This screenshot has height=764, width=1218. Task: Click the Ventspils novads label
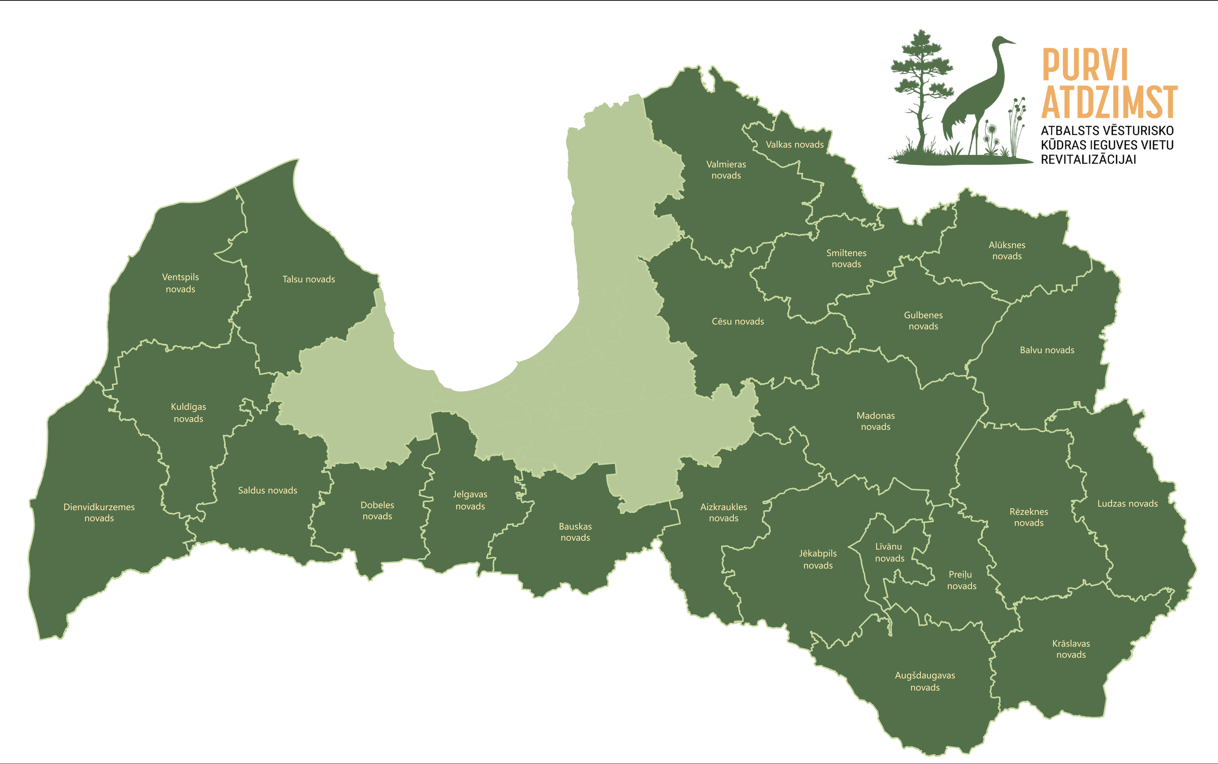pos(180,283)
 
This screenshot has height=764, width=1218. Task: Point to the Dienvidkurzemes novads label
pos(99,512)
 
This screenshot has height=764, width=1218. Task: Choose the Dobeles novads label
pos(377,510)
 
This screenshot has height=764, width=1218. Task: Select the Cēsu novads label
pos(738,321)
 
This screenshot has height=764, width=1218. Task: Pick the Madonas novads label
pos(876,421)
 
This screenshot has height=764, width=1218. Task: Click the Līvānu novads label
pos(889,552)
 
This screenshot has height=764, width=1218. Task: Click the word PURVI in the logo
pos(1085,65)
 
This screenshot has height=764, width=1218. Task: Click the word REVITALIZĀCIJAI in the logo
pos(1088,160)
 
